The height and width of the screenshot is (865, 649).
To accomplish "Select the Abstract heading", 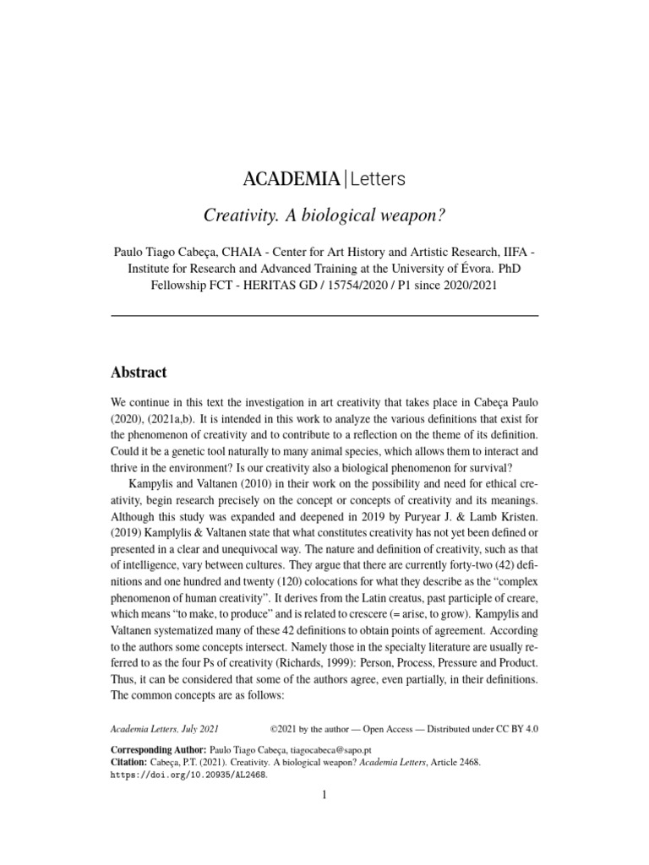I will (x=139, y=373).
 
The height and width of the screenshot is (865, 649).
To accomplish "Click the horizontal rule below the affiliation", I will (x=324, y=315).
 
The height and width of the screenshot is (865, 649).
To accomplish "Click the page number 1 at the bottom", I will (x=324, y=796).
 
